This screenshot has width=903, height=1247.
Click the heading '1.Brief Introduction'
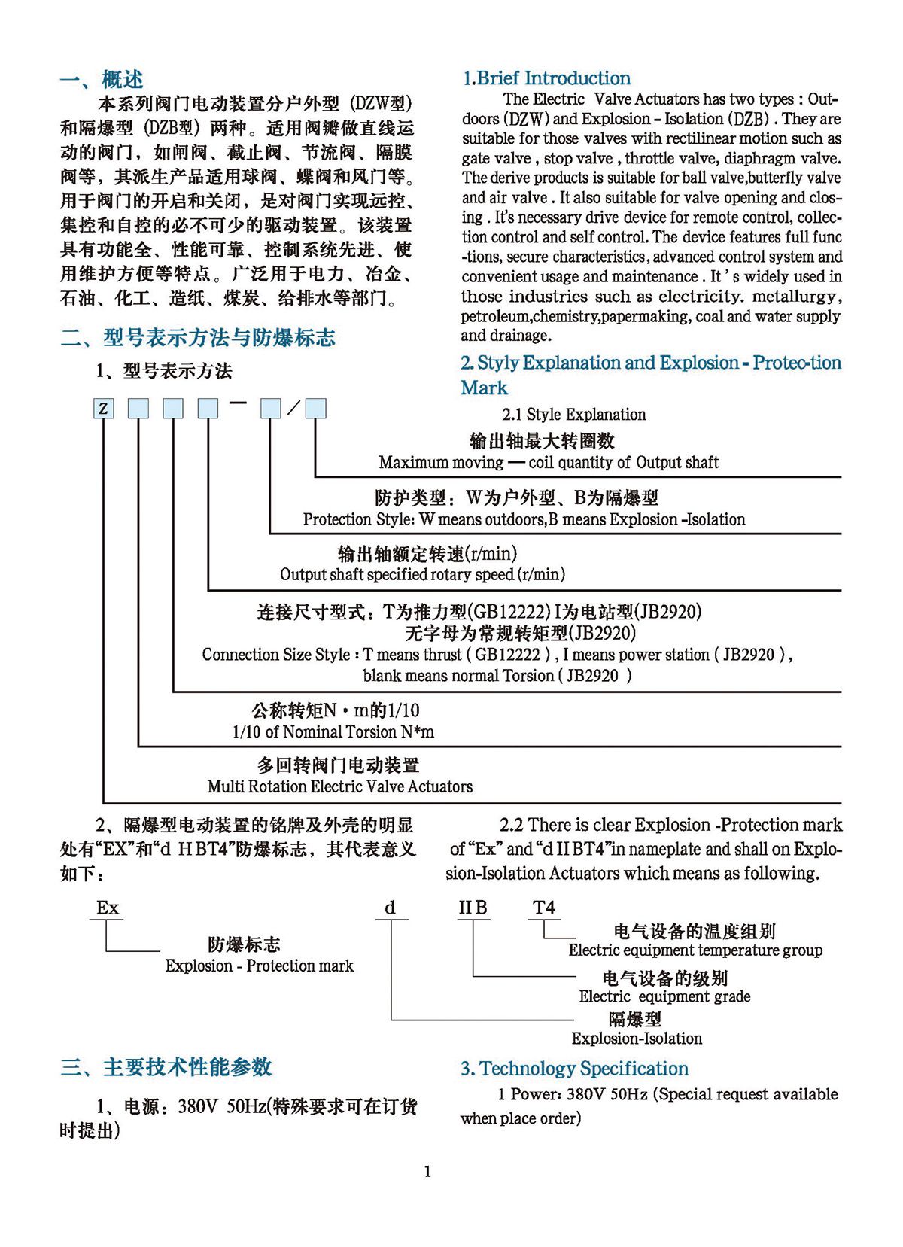[546, 78]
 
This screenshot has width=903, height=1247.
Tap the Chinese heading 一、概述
[102, 80]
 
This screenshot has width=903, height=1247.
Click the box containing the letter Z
[104, 409]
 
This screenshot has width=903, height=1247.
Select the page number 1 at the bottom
[427, 1171]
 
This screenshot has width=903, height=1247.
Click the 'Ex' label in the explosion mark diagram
[108, 908]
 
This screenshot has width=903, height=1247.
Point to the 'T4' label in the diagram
[543, 908]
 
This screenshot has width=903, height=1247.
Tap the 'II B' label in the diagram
[473, 908]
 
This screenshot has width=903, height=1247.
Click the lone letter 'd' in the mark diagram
[390, 908]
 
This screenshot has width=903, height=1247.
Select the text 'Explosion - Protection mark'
[259, 966]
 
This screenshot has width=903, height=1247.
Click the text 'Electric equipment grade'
[664, 996]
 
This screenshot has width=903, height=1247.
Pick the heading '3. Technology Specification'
[574, 1069]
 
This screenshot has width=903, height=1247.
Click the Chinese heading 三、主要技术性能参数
[166, 1067]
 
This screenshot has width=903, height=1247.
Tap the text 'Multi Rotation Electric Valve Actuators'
[340, 786]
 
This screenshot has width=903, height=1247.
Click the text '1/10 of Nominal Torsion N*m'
[333, 731]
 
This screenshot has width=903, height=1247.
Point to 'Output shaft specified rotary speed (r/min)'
[422, 574]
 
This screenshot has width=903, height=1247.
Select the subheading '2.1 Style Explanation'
[573, 414]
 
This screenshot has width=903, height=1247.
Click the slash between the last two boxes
[293, 408]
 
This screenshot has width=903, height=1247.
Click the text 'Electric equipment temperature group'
[695, 950]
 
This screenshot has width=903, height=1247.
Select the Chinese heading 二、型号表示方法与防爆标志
[198, 338]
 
